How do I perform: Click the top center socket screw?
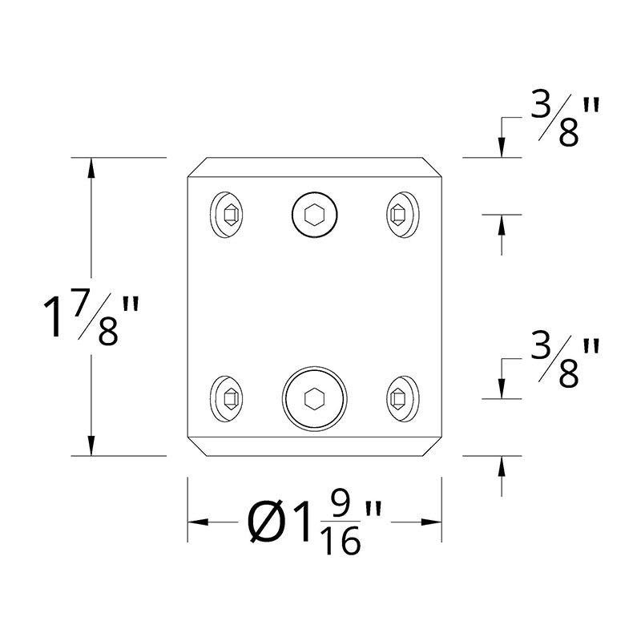[x=315, y=215]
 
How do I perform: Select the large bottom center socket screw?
[x=315, y=398]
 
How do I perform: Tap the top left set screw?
[x=227, y=215]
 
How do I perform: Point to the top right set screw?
[x=403, y=215]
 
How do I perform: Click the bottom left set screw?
[x=227, y=398]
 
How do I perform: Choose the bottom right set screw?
[x=403, y=398]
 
